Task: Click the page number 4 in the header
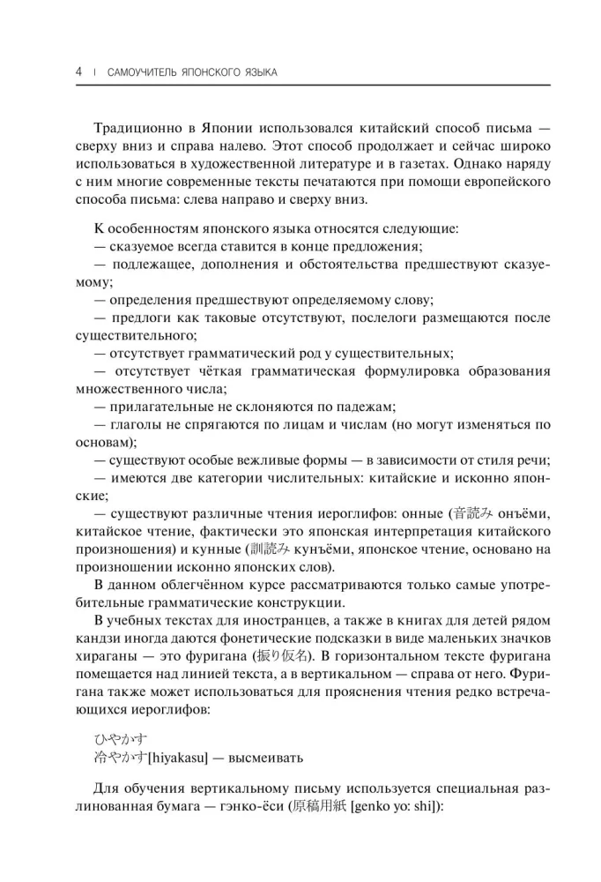(80, 71)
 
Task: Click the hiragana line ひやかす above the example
(120, 739)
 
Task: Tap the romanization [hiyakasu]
(182, 758)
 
